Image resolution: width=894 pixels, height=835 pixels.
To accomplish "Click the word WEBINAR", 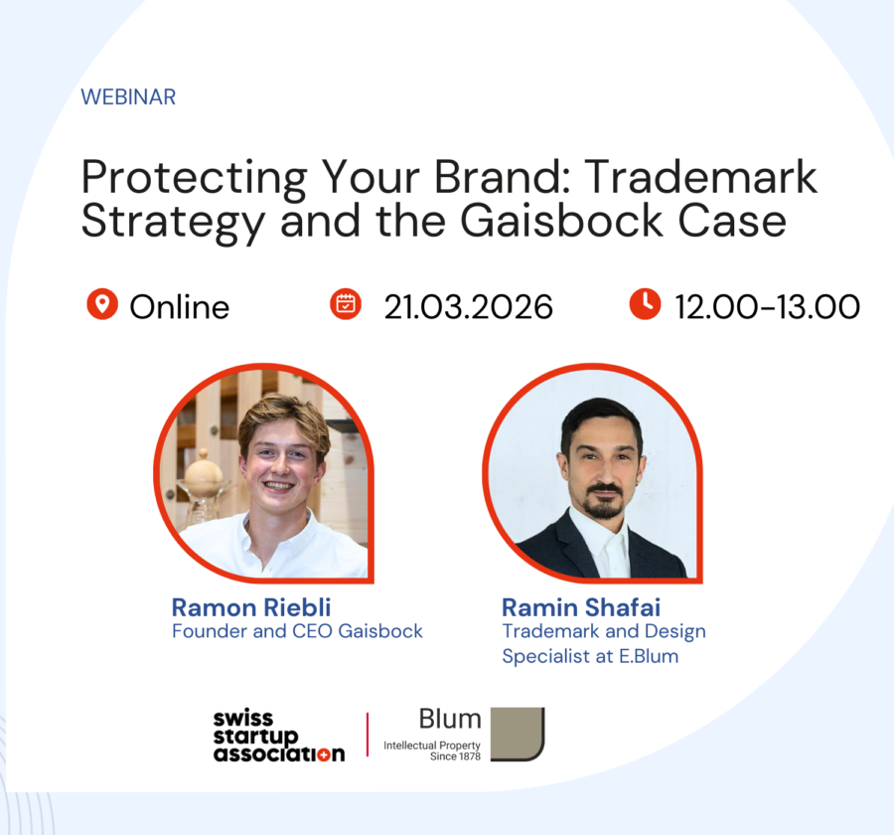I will pos(128,97).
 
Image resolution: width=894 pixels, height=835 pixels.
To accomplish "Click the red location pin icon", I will pos(102,305).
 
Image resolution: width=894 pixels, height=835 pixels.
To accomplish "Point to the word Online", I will pos(179,306).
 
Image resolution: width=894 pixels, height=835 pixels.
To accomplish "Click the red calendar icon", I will pos(346,304).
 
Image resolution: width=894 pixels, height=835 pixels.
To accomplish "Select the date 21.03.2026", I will pos(468,306).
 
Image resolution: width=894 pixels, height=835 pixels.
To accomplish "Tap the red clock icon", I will pos(645,304).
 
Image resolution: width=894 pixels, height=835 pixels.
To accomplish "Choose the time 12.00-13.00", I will pos(767,306).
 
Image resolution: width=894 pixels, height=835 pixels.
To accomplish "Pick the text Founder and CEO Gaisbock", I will pos(297,631).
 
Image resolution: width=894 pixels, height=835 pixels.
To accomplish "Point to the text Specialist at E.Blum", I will pos(590,656).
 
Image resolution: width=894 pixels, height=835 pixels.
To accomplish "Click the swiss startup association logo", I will pos(279,737).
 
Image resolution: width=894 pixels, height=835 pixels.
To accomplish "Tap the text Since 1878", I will pos(456,756).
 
